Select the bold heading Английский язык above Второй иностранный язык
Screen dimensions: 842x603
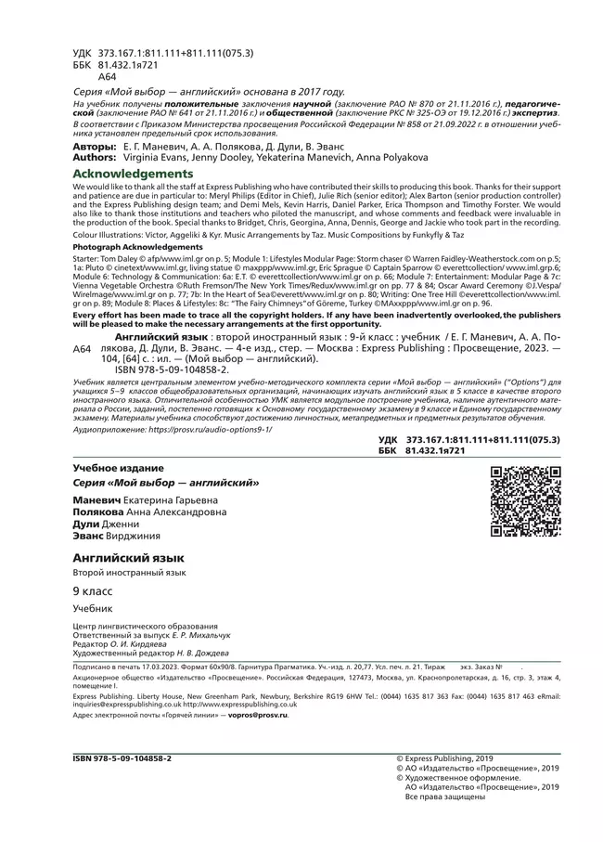coord(128,557)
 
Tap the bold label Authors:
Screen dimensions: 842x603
coord(95,159)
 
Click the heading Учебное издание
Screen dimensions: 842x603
coord(119,468)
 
